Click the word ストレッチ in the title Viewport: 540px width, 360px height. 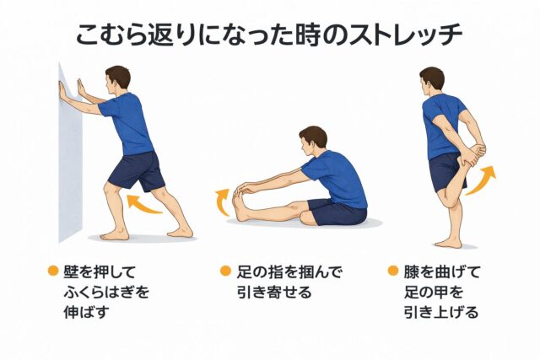tap(405, 35)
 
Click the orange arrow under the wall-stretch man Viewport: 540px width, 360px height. tap(144, 204)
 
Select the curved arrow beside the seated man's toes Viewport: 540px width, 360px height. tap(222, 202)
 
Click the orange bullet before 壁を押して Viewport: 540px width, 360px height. tap(53, 271)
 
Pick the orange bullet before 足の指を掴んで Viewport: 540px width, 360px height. tap(225, 271)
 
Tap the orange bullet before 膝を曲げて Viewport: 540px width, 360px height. tap(393, 271)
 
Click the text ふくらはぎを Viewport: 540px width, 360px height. tap(106, 293)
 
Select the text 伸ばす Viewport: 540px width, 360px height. tap(86, 313)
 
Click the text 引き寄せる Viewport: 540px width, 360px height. tap(273, 293)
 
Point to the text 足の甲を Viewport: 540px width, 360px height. tap(433, 293)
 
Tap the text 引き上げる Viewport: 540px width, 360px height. tap(441, 313)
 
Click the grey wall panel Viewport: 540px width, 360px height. tap(70, 155)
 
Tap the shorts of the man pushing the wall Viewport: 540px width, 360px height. tap(137, 171)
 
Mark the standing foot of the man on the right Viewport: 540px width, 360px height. tap(448, 243)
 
